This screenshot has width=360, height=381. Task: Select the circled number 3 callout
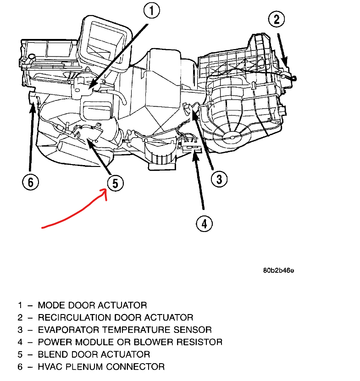click(220, 178)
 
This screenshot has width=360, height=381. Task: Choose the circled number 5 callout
click(115, 183)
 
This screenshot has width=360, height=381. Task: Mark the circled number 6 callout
click(31, 182)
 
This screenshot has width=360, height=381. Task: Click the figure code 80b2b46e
click(278, 270)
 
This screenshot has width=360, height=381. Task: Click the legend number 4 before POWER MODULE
click(20, 342)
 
